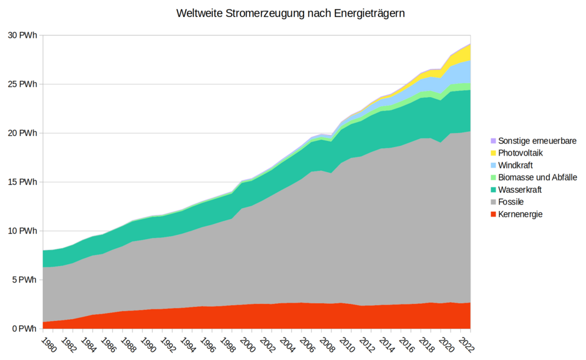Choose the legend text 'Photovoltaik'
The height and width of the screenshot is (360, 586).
pos(520,153)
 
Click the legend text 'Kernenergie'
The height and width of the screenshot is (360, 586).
pos(520,214)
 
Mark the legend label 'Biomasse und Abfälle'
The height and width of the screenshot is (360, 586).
pos(537,178)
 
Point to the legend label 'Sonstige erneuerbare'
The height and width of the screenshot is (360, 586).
pos(537,141)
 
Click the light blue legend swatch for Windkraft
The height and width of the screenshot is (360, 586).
pos(493,165)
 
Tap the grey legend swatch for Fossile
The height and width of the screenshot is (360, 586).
pos(493,202)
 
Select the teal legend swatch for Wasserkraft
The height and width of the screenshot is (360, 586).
pos(493,190)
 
